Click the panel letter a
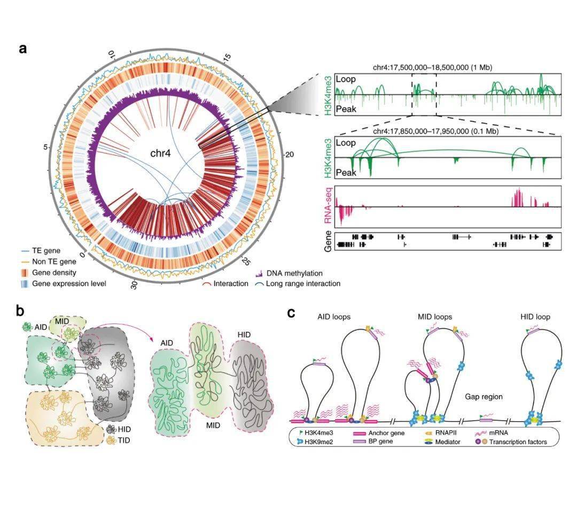23,49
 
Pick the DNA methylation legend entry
295,273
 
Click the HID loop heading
535,317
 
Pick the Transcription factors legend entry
518,442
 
